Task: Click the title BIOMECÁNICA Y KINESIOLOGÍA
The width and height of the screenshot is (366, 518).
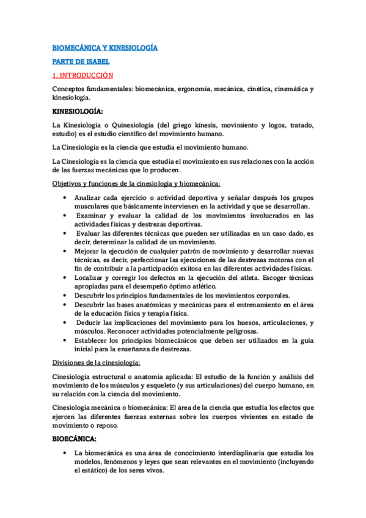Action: click(105, 47)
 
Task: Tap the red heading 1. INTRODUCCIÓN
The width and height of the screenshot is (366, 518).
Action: click(83, 75)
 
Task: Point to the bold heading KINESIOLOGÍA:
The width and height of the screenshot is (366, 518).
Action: click(78, 112)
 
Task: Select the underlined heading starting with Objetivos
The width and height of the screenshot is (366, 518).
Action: click(136, 184)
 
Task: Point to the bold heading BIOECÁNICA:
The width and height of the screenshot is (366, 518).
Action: click(75, 439)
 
